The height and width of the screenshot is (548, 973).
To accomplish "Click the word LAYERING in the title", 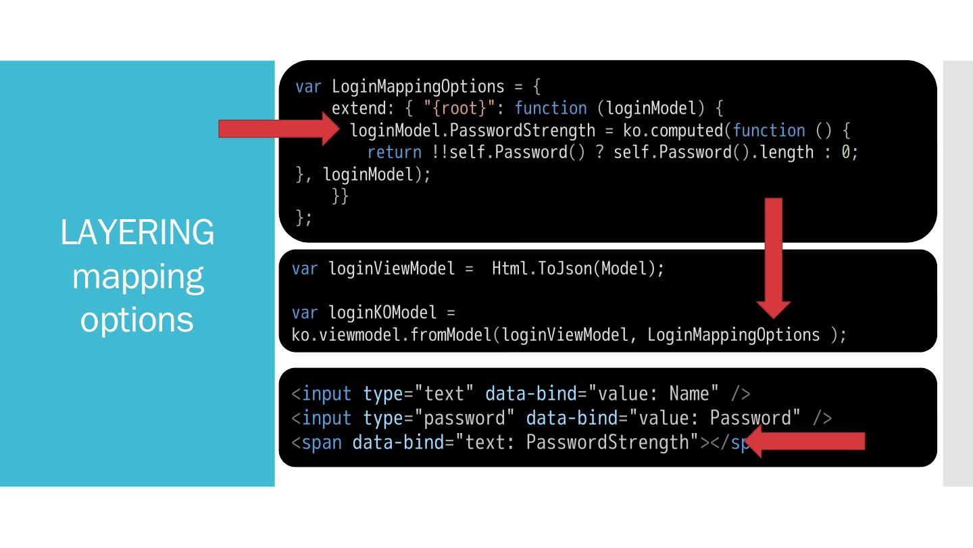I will coord(137,233).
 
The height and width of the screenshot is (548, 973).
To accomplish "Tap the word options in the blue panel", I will coord(137,319).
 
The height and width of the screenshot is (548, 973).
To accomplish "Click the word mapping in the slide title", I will coord(137,276).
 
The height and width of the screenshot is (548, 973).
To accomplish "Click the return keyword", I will coord(394,152).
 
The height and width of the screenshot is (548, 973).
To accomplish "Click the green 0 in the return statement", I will coord(845,152).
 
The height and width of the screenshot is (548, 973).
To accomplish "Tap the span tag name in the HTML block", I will coord(322,442).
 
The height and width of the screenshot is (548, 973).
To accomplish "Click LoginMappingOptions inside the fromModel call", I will coord(733,334).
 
